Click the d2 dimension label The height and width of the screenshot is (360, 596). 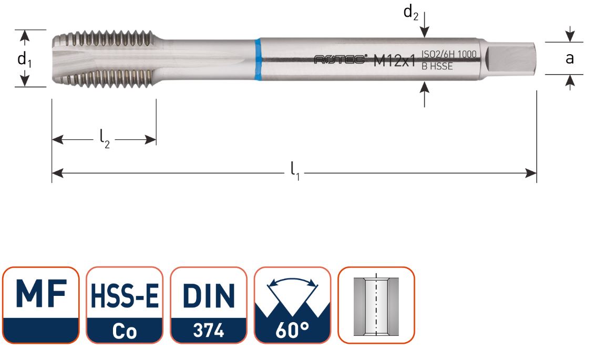(410, 13)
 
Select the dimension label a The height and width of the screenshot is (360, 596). (569, 58)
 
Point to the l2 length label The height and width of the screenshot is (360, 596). (105, 140)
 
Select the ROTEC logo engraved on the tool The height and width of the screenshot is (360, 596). (341, 60)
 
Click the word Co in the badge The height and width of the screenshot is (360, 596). (125, 332)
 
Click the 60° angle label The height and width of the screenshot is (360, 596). (292, 332)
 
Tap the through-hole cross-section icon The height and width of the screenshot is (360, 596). (376, 305)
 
